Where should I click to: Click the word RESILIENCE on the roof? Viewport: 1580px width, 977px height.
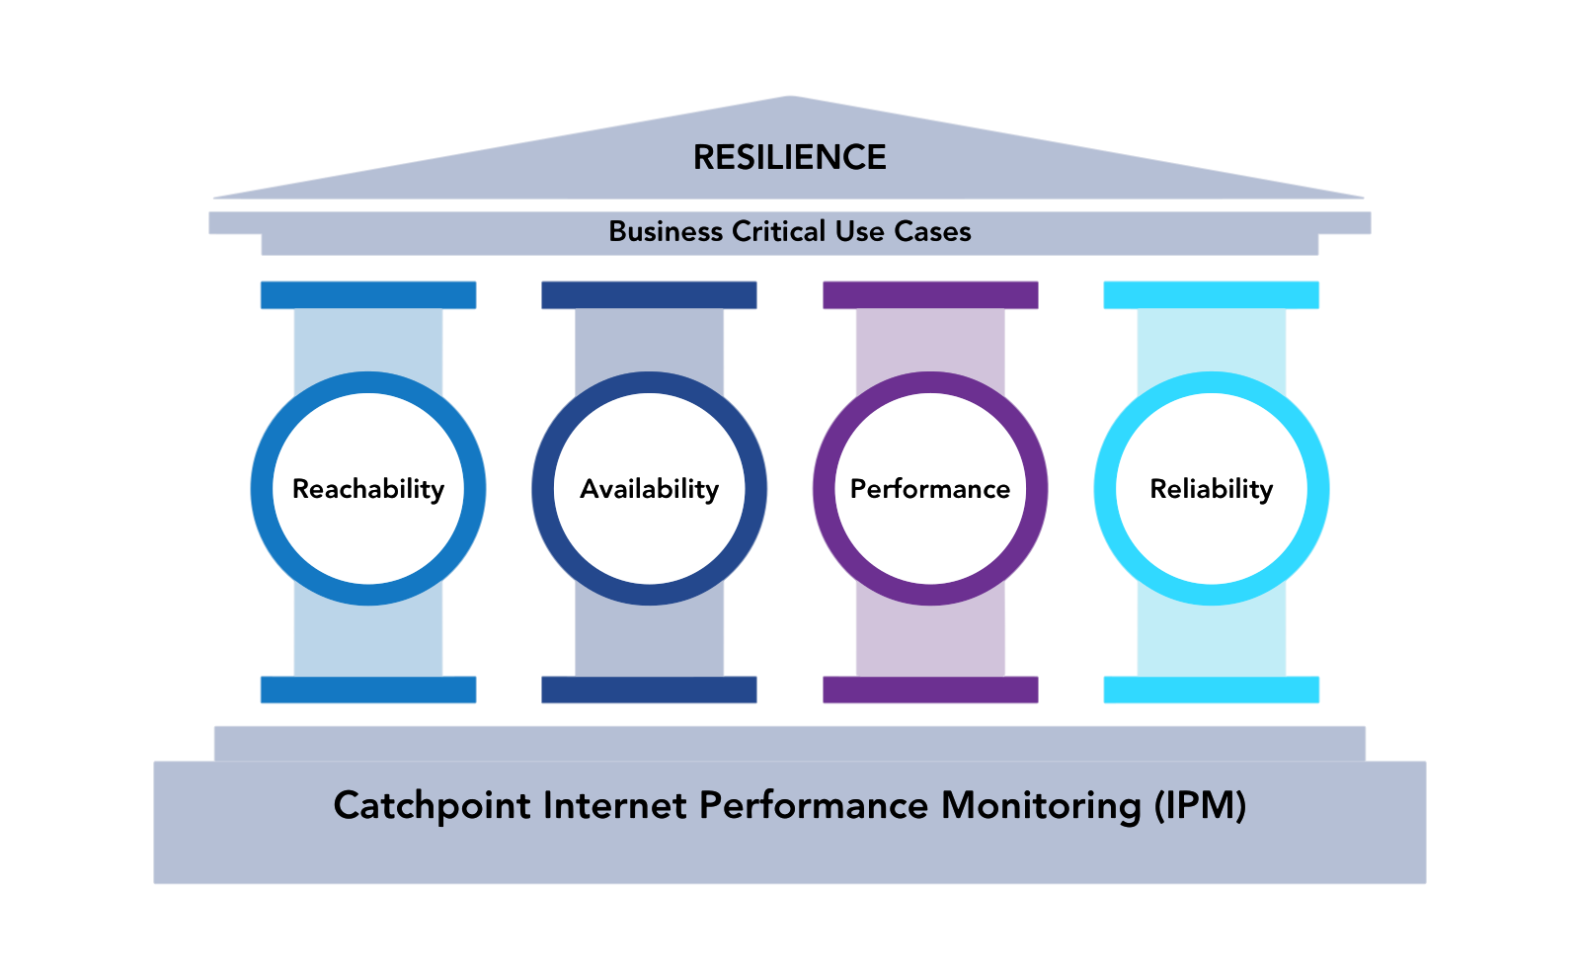(790, 158)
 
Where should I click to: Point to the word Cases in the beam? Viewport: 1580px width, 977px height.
(932, 231)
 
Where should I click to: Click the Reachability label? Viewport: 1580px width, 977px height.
(368, 489)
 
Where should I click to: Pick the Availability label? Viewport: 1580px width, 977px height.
(649, 489)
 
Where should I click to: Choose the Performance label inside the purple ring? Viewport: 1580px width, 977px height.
(930, 489)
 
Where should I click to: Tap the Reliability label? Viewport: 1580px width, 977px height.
(1212, 489)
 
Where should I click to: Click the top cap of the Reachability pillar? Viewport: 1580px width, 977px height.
(368, 295)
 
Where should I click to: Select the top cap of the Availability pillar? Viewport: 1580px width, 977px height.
(649, 295)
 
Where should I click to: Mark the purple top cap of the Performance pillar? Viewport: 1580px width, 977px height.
(930, 295)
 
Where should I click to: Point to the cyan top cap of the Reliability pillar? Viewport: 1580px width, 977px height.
(1212, 295)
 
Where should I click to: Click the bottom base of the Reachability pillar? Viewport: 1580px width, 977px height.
(368, 690)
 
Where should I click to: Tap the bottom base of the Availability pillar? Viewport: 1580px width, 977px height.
(649, 690)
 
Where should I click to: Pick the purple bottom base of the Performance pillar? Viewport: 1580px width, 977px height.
(930, 690)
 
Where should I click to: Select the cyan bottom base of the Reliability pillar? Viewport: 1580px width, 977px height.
(1212, 690)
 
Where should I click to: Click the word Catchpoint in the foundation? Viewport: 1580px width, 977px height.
(433, 806)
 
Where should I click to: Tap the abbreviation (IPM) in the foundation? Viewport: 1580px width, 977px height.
(1200, 806)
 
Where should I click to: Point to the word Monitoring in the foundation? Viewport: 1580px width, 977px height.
(1041, 806)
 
